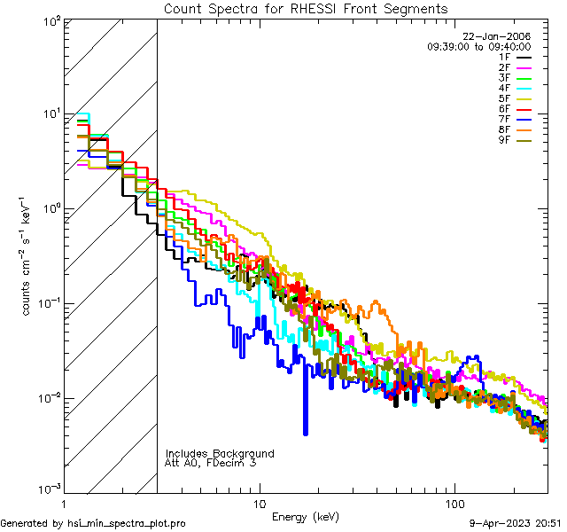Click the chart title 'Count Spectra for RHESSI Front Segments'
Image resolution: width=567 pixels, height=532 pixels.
pyautogui.click(x=306, y=9)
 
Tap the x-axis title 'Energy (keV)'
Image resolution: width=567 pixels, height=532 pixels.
pyautogui.click(x=306, y=516)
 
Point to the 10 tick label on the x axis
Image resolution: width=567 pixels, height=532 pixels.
pyautogui.click(x=259, y=504)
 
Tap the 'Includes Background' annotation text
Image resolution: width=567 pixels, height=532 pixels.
pyautogui.click(x=220, y=453)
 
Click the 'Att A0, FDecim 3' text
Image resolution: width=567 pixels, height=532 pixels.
pyautogui.click(x=210, y=463)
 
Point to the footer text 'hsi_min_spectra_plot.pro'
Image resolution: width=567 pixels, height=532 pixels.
pyautogui.click(x=128, y=523)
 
